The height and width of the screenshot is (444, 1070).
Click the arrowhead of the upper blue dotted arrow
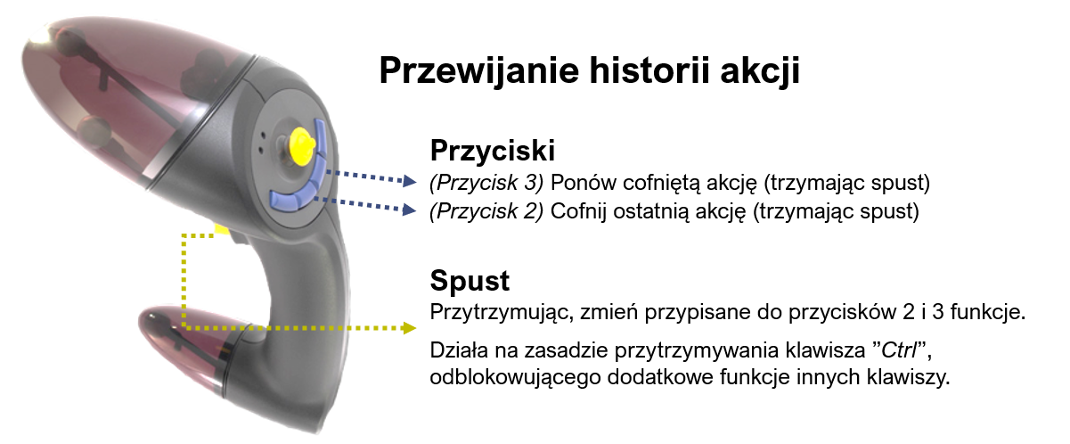[410, 181]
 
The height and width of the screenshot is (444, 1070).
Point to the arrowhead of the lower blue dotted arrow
[410, 210]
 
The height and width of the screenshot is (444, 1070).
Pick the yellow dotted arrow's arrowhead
[410, 328]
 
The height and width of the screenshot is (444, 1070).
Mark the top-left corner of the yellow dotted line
[183, 236]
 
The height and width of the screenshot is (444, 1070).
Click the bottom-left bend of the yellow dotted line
[183, 327]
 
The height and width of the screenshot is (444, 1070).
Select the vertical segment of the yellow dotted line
[183, 281]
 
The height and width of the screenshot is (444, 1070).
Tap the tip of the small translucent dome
[143, 317]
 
